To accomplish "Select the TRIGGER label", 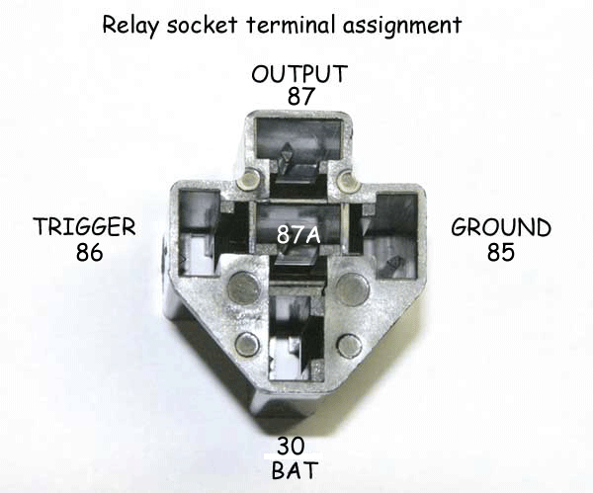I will pos(83,228).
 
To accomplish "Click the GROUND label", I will pos(501,228).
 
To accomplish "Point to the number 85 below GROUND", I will pos(501,252).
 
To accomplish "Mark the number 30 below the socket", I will pos(295,445).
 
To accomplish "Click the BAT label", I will pos(295,468).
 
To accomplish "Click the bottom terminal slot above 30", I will pos(294,336).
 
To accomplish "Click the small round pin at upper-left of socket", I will pos(250,179).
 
